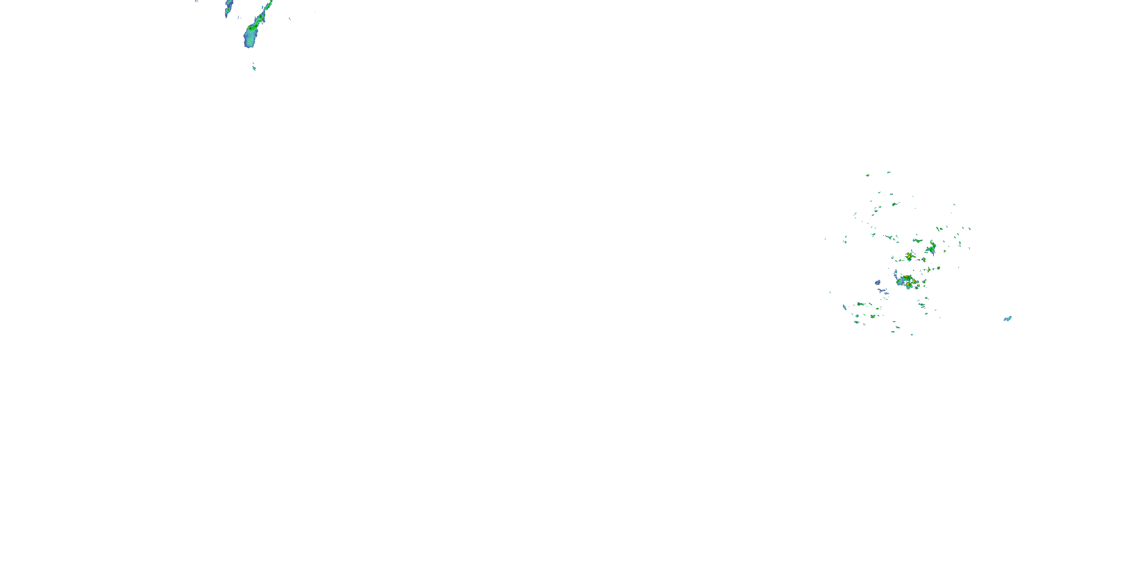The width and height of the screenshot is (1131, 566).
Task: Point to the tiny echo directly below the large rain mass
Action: click(x=254, y=68)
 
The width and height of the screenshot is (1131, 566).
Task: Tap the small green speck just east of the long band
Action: click(x=290, y=18)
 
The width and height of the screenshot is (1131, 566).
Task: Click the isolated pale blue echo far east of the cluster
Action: click(x=1008, y=318)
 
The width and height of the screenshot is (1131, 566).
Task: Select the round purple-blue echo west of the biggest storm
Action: click(x=878, y=283)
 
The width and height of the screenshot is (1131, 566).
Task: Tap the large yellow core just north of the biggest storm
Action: click(x=909, y=257)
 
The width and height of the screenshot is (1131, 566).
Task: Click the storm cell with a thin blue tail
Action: click(x=931, y=249)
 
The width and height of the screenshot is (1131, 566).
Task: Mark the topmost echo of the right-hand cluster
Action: click(x=889, y=172)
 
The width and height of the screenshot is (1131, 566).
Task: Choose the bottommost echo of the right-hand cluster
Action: click(x=912, y=334)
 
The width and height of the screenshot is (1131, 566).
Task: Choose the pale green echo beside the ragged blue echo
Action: click(x=886, y=293)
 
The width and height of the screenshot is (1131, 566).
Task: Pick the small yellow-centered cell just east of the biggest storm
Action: click(x=924, y=282)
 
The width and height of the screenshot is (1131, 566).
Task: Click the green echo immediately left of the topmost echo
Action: click(x=867, y=175)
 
